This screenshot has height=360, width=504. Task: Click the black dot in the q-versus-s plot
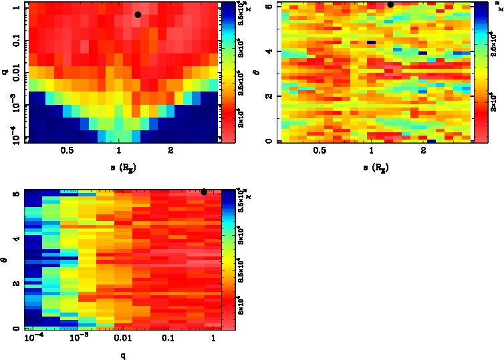(x=138, y=15)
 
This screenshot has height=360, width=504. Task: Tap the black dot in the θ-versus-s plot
(x=390, y=4)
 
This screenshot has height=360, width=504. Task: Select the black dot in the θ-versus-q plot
(x=204, y=192)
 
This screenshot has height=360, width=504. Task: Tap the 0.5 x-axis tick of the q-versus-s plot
(x=66, y=152)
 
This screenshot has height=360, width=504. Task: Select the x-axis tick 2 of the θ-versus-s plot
(x=424, y=152)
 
